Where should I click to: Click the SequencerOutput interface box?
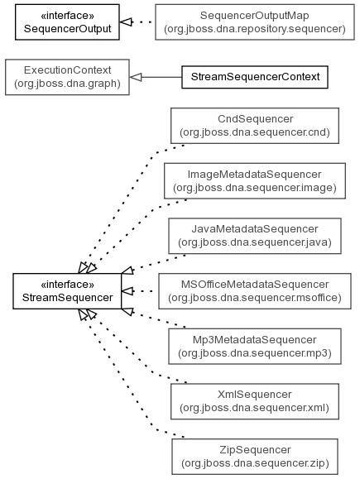(x=67, y=22)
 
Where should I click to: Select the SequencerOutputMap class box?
(x=255, y=22)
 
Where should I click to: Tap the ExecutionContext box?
(x=67, y=77)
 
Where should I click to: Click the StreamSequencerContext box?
(x=255, y=77)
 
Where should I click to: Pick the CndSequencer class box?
(x=255, y=126)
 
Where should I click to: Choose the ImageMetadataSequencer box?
(x=255, y=181)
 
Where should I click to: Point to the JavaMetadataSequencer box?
(x=255, y=236)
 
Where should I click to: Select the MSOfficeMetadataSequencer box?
(x=255, y=291)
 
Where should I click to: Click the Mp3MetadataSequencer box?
(x=255, y=347)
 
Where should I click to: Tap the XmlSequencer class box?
(x=255, y=401)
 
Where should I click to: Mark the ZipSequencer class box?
(x=255, y=457)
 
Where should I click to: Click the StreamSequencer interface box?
(x=67, y=291)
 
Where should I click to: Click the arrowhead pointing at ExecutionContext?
(x=136, y=77)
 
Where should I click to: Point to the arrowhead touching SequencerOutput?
(x=126, y=22)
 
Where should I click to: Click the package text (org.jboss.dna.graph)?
(x=67, y=84)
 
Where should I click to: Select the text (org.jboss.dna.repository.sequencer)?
(x=255, y=29)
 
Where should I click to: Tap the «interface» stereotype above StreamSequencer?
(x=67, y=285)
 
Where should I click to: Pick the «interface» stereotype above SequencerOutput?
(x=67, y=16)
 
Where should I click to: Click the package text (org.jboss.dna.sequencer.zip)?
(x=255, y=463)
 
